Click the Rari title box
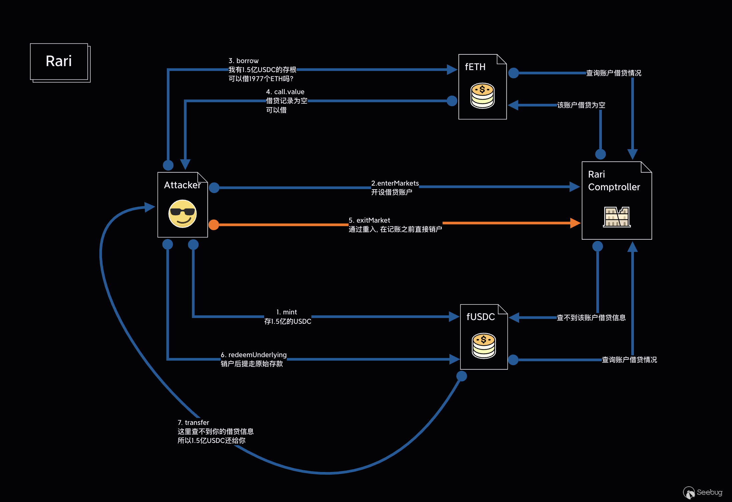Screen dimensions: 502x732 (x=59, y=62)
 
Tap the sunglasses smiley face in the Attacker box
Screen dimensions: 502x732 (x=182, y=214)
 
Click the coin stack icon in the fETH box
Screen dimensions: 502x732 (x=482, y=95)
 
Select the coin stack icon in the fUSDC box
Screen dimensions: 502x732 (x=483, y=345)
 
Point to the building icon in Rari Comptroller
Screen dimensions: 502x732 (x=617, y=217)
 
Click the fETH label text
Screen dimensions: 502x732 (x=475, y=67)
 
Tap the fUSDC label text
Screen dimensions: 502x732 (x=480, y=317)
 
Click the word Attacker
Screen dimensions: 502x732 (x=182, y=185)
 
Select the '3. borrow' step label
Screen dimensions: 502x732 (x=244, y=61)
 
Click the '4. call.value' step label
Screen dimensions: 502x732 (x=285, y=92)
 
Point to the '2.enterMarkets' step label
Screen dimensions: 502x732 (x=395, y=183)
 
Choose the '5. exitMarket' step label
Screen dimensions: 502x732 (x=369, y=220)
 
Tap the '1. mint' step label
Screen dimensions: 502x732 (x=287, y=312)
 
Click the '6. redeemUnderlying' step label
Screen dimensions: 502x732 (x=254, y=355)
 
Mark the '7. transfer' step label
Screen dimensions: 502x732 (x=194, y=423)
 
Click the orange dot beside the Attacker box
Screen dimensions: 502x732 (x=214, y=225)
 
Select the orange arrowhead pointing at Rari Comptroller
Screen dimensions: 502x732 (x=575, y=223)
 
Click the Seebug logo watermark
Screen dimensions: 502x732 (x=702, y=492)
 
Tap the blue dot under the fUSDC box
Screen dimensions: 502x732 (x=461, y=376)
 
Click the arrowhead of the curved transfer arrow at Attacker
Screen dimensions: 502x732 (x=149, y=207)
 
